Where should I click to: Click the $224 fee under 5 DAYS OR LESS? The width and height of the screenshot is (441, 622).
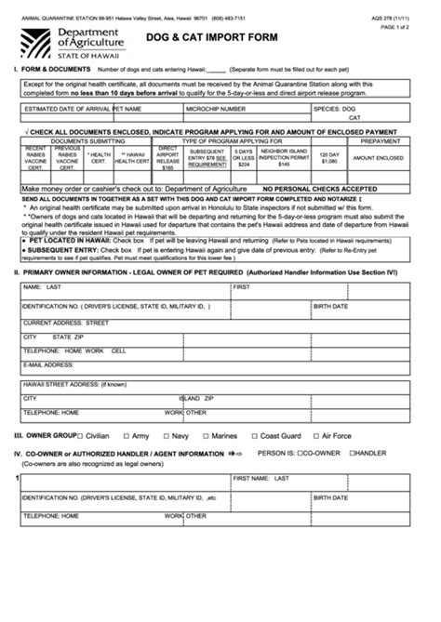(244, 165)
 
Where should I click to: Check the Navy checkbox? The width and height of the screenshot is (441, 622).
(165, 435)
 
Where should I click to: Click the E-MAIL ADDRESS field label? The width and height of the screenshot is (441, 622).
(47, 364)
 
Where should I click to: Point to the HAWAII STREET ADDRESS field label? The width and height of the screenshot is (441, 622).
(73, 384)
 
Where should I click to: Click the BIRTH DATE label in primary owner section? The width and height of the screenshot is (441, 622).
(330, 306)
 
